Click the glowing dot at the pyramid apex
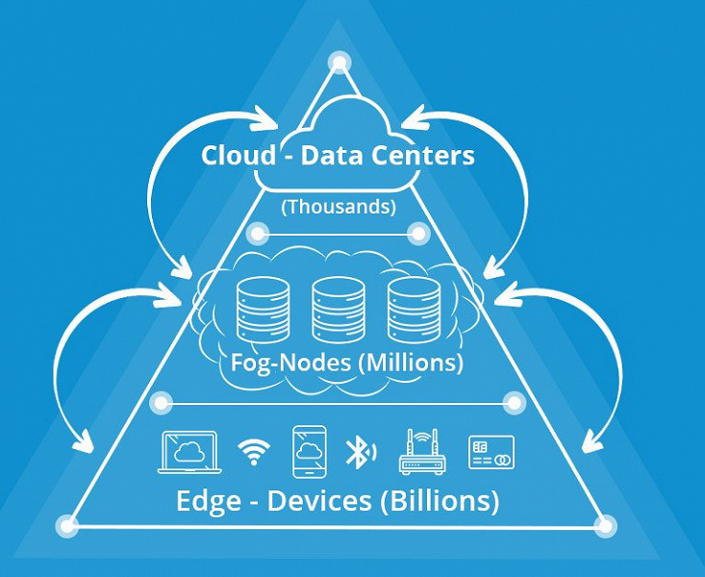click(x=340, y=63)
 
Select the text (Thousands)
click(x=338, y=205)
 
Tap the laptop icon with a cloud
click(x=190, y=451)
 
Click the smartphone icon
click(x=309, y=451)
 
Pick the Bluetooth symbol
click(x=359, y=451)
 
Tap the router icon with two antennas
click(x=422, y=451)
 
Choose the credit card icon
click(x=491, y=451)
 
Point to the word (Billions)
click(x=447, y=501)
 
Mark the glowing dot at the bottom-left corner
click(x=67, y=525)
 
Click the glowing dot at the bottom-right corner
click(x=605, y=525)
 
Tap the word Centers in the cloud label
click(x=425, y=155)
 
